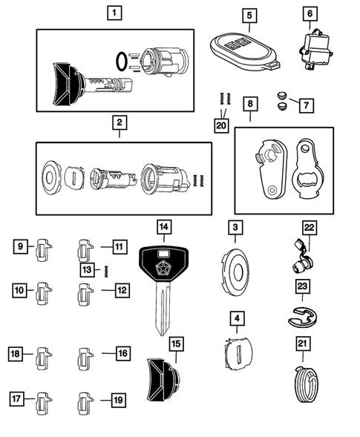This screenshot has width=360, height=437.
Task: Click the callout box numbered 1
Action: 114,13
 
